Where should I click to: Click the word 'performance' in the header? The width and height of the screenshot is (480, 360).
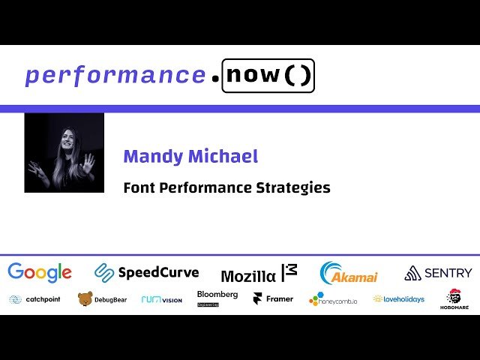pos(115,76)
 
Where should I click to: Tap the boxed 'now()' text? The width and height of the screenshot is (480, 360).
pos(268,76)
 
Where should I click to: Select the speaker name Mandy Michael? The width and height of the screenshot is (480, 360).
pos(190,157)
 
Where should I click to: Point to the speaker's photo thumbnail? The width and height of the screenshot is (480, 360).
pos(64,153)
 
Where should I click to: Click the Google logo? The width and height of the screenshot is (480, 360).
pos(40,273)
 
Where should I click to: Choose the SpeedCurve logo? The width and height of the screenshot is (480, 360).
pos(146,273)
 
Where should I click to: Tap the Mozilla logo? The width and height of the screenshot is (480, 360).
pos(259,274)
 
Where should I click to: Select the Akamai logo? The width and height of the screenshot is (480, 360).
pos(349,274)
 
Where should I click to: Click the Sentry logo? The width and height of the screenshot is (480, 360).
pos(438,273)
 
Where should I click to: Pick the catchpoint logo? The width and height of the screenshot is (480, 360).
pos(34,299)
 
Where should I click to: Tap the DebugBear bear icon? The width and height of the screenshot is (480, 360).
pos(85,299)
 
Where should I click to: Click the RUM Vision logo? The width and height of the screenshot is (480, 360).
pos(161,299)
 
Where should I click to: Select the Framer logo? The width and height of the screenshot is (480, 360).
pos(273,298)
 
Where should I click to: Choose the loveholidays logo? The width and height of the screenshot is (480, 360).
pos(399,298)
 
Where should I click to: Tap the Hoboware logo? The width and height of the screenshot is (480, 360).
pos(454,299)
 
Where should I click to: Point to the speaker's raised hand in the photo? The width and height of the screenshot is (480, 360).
pos(88,162)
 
